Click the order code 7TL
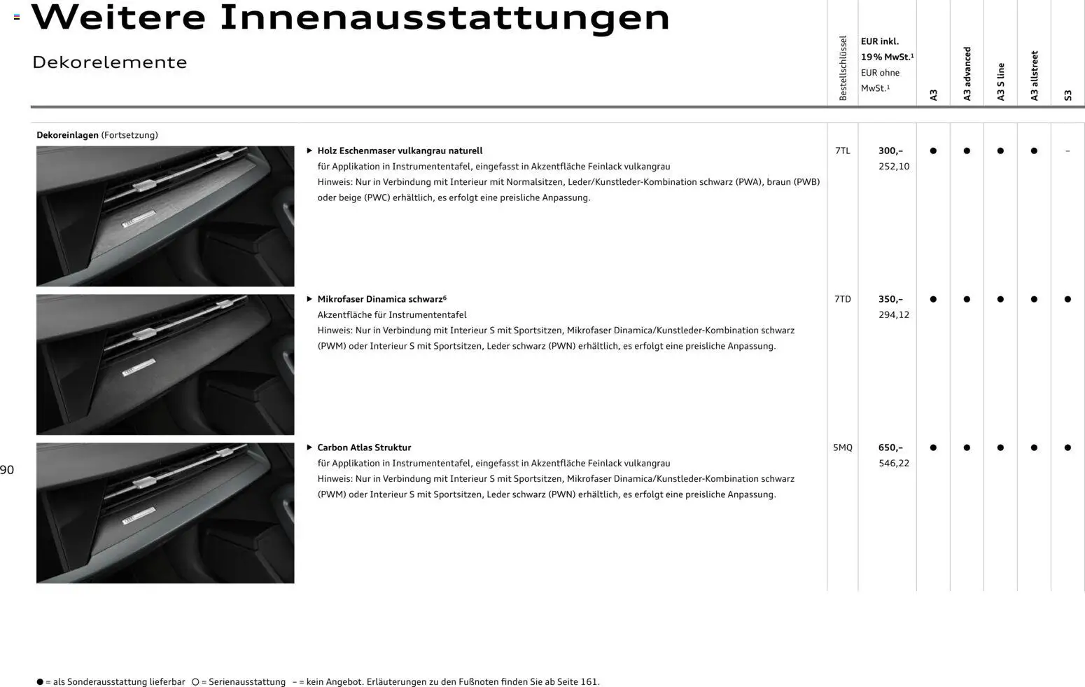click(x=842, y=151)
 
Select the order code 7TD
click(x=842, y=299)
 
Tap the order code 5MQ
click(x=842, y=447)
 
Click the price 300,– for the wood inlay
click(x=890, y=151)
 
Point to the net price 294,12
click(x=894, y=315)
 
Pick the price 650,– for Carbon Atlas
click(x=890, y=447)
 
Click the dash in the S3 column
click(x=1067, y=151)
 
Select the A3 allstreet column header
click(x=1034, y=76)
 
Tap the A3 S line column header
click(x=1000, y=81)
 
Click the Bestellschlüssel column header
click(x=843, y=68)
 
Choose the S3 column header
click(x=1067, y=95)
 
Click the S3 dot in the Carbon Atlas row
click(x=1067, y=447)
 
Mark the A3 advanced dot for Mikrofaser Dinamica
click(x=967, y=299)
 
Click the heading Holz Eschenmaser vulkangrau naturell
click(x=400, y=151)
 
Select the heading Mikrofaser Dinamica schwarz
click(x=380, y=299)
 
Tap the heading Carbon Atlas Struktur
click(x=364, y=447)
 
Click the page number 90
click(x=7, y=470)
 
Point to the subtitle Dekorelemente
click(x=110, y=62)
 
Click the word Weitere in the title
click(x=118, y=18)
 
